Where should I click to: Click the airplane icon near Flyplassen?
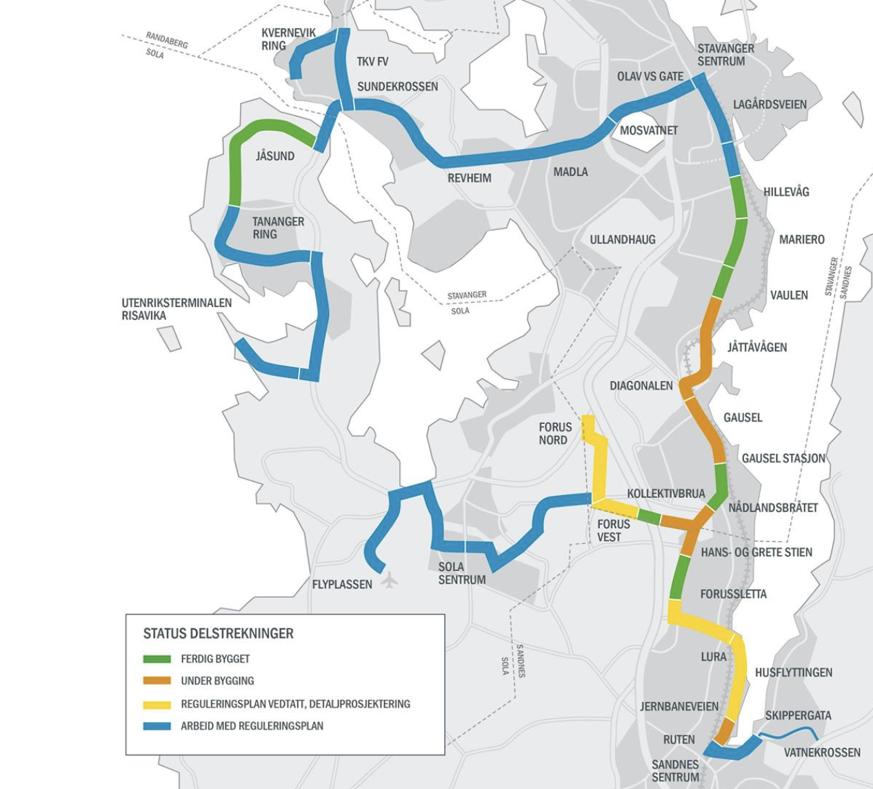[x=390, y=580]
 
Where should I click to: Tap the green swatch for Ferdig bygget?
[x=157, y=659]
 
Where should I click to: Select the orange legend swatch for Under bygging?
[x=157, y=681]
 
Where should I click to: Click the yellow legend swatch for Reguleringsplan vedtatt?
[x=157, y=704]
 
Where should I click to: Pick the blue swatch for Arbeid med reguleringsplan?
[x=157, y=726]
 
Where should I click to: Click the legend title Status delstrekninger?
[x=218, y=633]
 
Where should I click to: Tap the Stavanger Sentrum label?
[x=725, y=55]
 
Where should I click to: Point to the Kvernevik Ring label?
[x=288, y=39]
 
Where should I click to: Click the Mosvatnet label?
[x=648, y=130]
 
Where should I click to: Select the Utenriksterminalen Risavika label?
[x=177, y=309]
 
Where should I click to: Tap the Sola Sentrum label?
[x=461, y=573]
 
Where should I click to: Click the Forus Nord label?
[x=554, y=434]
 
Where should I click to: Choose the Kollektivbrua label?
[x=665, y=494]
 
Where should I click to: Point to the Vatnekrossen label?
[x=821, y=752]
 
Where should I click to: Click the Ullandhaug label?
[x=622, y=240]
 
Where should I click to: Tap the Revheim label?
[x=469, y=178]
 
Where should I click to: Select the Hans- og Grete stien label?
[x=756, y=552]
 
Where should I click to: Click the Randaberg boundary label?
[x=166, y=41]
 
